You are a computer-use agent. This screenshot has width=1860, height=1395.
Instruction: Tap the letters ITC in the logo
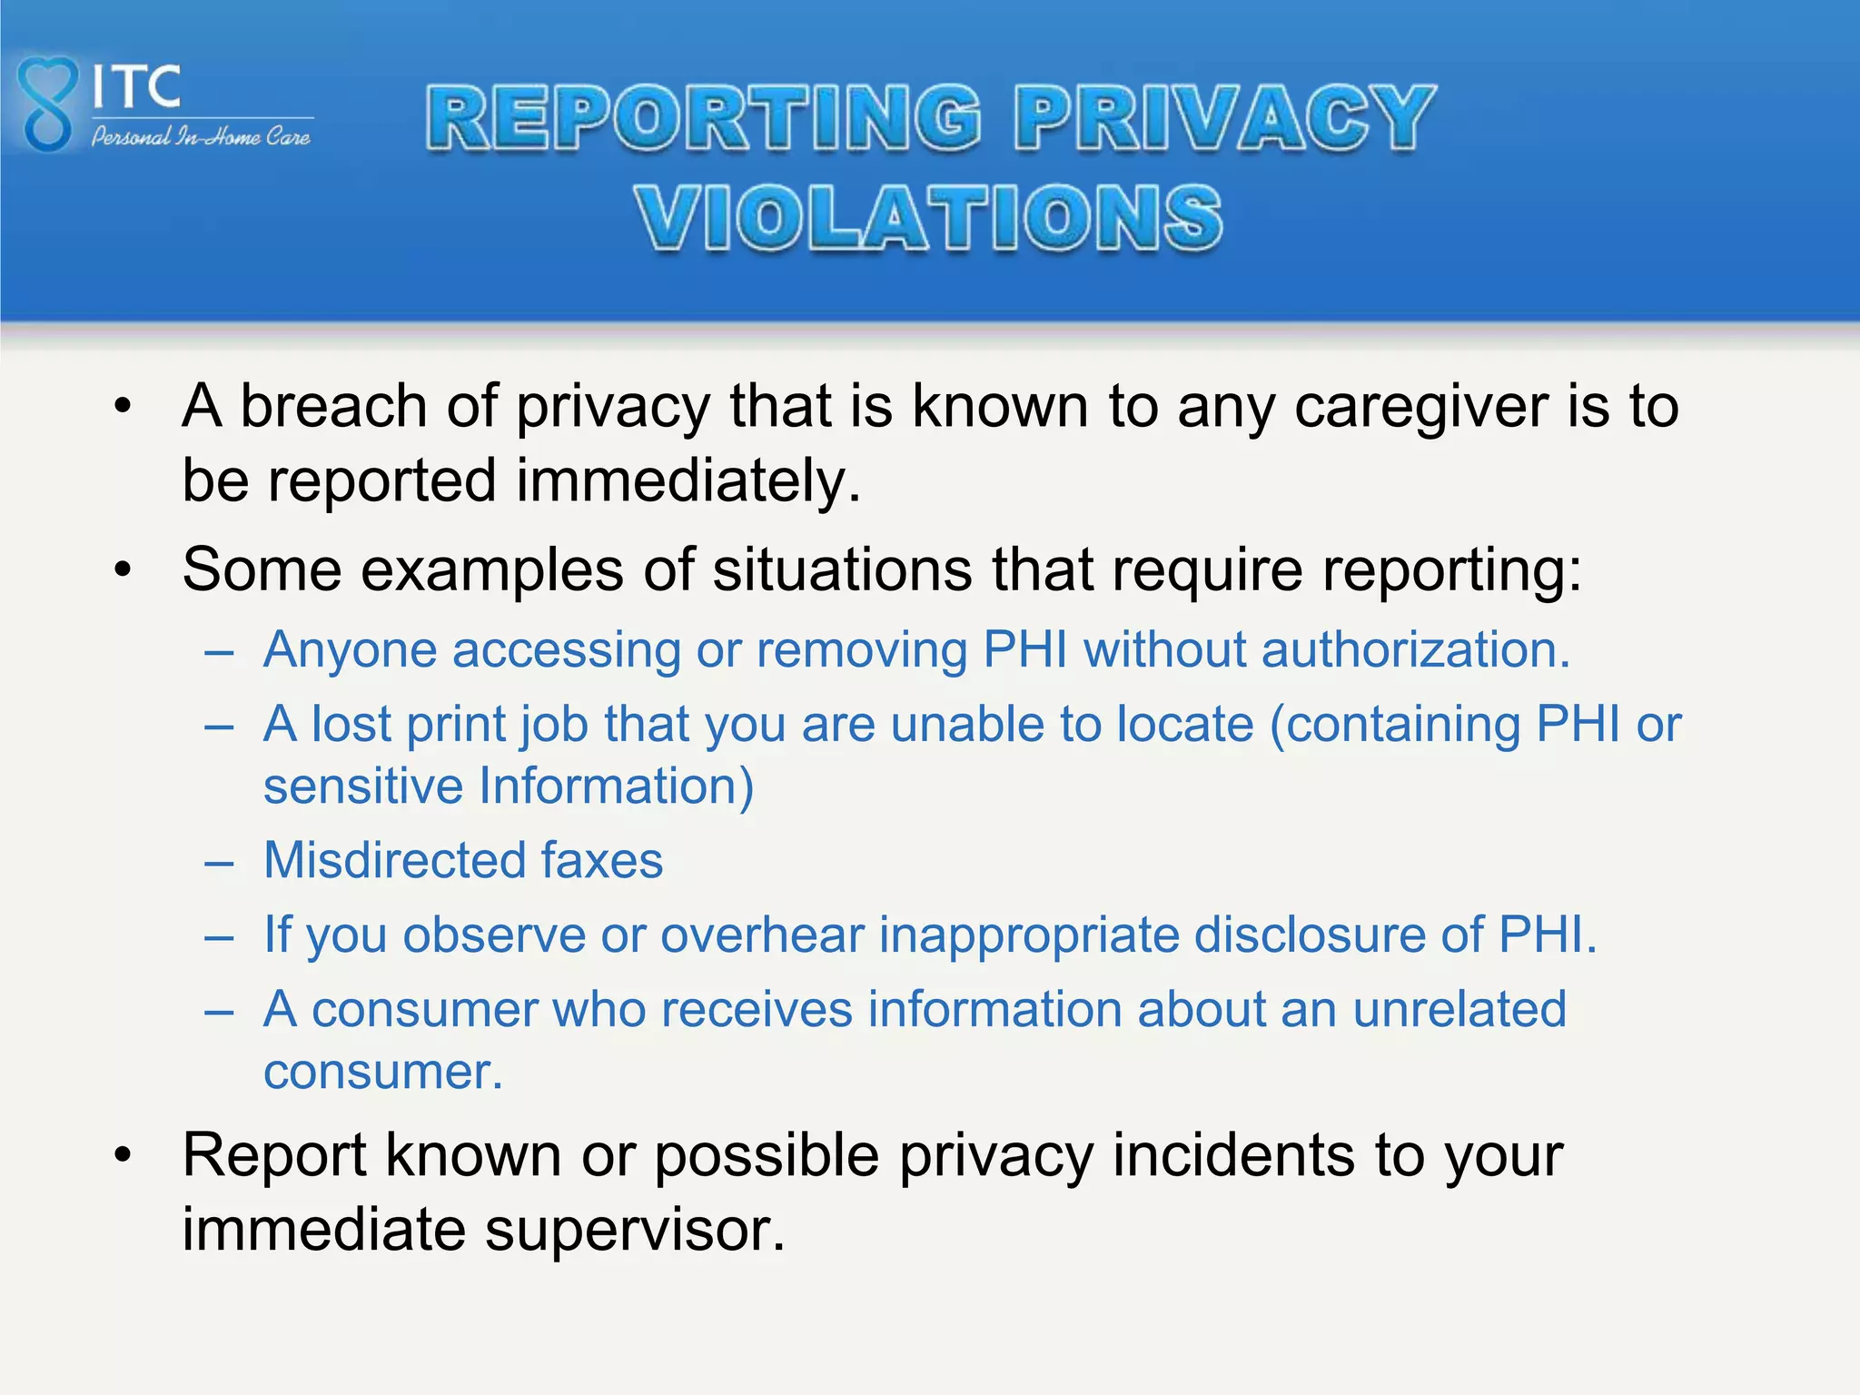(136, 87)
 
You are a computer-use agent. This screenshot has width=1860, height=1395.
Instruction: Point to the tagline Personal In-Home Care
(201, 137)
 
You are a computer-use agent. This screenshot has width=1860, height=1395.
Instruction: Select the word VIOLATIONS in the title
(928, 218)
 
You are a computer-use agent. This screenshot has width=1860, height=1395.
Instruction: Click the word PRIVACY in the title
(1224, 118)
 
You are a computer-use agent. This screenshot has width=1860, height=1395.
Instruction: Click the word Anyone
(351, 651)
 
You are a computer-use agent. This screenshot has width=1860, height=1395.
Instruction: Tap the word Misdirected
(393, 860)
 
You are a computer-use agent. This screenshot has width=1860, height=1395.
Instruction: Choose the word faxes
(602, 860)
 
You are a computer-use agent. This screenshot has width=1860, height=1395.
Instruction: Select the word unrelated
(1459, 1009)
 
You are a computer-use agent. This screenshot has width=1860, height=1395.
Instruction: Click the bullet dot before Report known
(124, 1156)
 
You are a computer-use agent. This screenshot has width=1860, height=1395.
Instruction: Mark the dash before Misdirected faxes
(219, 862)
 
